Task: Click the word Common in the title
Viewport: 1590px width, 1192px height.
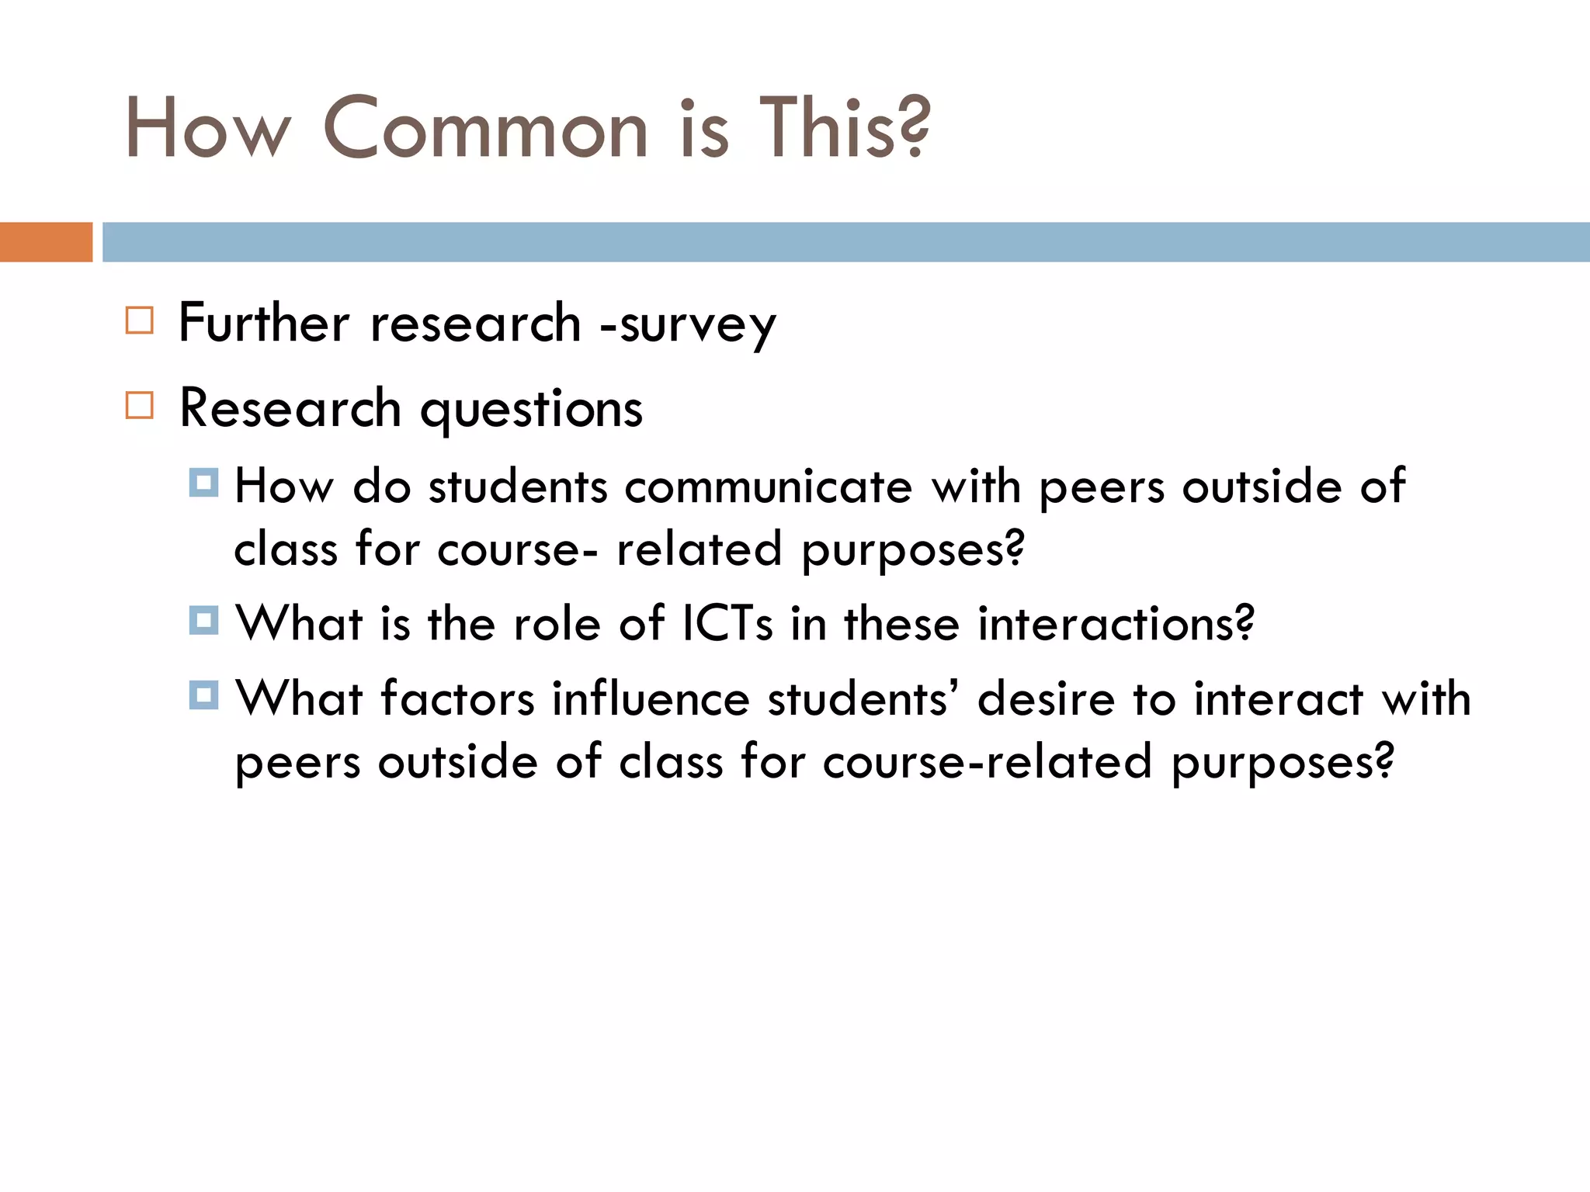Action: click(x=485, y=129)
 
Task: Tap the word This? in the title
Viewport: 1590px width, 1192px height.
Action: click(x=844, y=129)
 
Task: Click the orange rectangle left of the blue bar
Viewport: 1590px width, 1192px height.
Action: click(x=46, y=242)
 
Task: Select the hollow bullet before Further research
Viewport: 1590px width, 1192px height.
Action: click(x=140, y=320)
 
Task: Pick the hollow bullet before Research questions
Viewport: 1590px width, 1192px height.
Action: click(x=140, y=405)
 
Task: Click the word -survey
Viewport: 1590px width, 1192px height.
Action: click(x=688, y=324)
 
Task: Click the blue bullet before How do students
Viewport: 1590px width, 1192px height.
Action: click(x=203, y=483)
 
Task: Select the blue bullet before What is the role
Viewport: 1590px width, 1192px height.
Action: click(x=203, y=621)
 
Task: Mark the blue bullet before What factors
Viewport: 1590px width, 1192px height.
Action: click(x=203, y=695)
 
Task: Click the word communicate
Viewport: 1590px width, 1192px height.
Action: click(x=768, y=487)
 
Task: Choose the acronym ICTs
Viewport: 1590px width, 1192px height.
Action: click(x=727, y=624)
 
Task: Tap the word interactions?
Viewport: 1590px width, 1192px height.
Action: click(x=1115, y=624)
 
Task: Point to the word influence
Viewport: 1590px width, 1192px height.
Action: click(x=651, y=698)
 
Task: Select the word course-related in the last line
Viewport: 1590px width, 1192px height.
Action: click(x=987, y=762)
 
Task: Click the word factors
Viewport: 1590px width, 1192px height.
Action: click(x=457, y=698)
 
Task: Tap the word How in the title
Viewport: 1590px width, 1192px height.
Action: click(x=207, y=129)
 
